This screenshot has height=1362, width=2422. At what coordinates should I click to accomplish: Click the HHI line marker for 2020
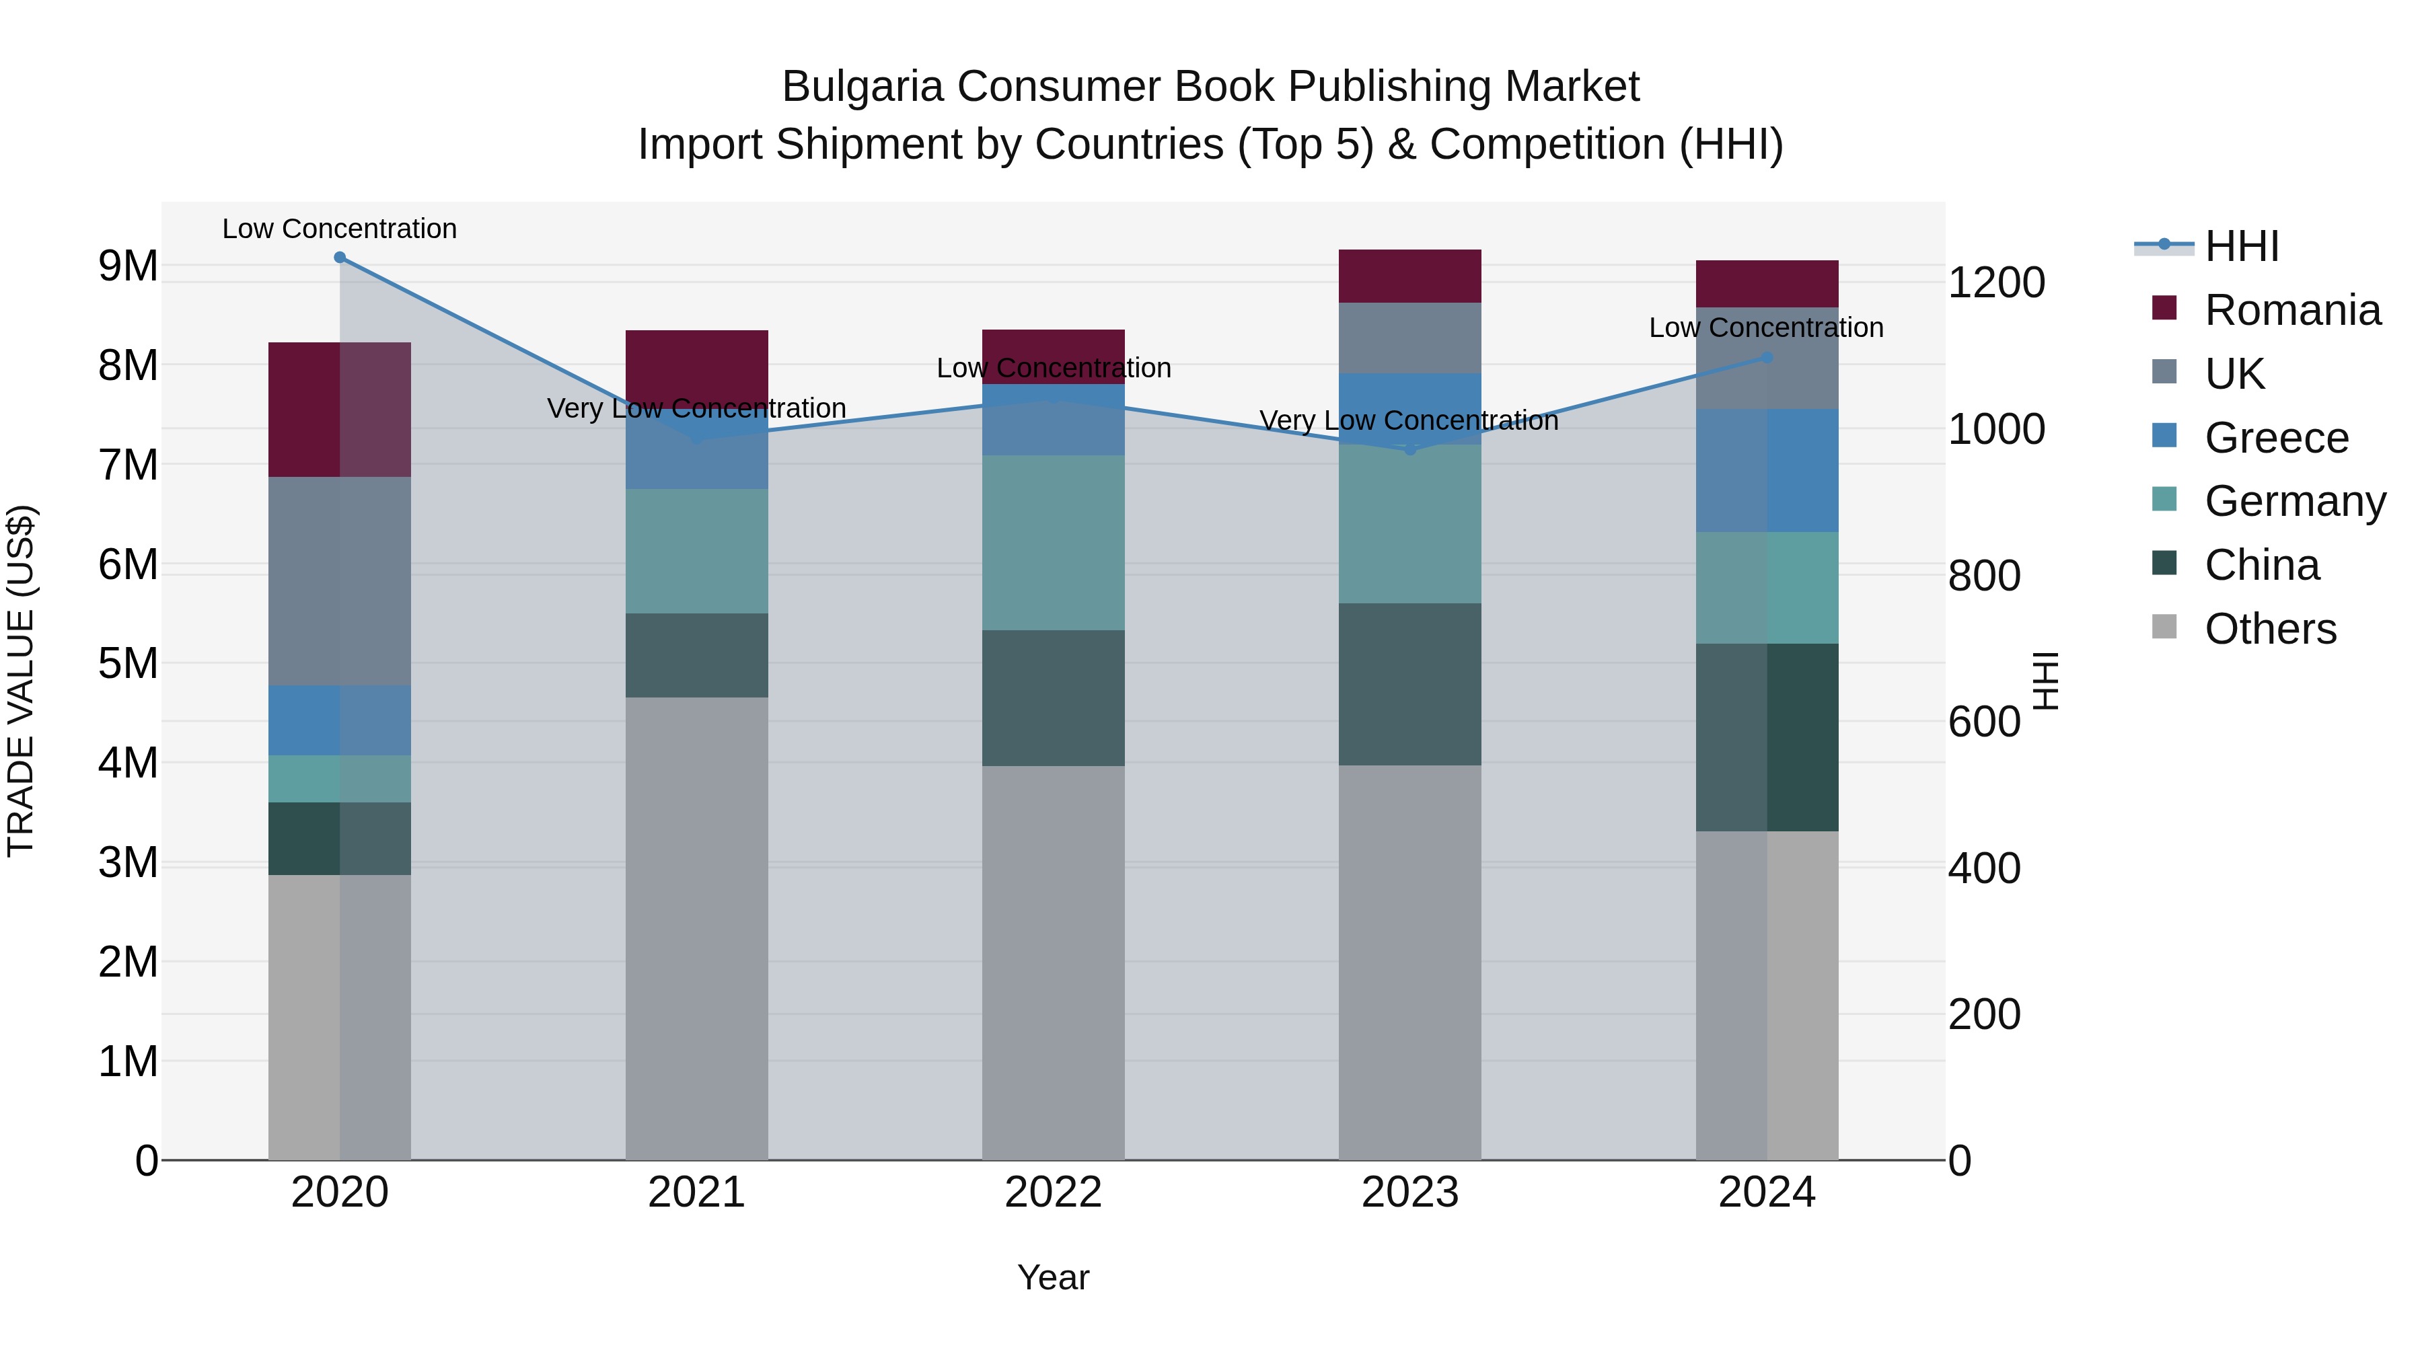(x=340, y=258)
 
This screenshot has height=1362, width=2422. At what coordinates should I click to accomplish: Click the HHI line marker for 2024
(x=1767, y=357)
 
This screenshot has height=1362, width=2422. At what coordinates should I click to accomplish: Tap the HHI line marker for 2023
(x=1409, y=450)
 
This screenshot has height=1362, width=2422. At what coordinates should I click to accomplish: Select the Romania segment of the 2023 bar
(x=1409, y=276)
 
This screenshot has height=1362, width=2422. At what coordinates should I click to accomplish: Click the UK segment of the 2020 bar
(x=340, y=581)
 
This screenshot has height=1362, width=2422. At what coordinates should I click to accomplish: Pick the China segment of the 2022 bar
(x=1053, y=697)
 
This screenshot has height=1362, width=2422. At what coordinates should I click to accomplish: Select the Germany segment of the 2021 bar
(x=697, y=551)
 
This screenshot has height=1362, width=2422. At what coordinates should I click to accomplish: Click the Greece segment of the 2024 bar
(x=1767, y=470)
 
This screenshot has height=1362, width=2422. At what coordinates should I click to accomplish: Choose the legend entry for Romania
(x=2291, y=310)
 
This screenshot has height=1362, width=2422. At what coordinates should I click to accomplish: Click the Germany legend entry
(x=2294, y=501)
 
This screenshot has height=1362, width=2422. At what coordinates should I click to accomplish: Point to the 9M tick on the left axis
(x=129, y=266)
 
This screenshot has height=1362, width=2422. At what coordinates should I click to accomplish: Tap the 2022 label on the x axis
(x=1053, y=1193)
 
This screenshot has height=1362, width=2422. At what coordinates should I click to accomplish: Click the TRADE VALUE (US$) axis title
(x=21, y=681)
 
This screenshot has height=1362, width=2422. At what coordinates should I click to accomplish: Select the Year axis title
(x=1053, y=1277)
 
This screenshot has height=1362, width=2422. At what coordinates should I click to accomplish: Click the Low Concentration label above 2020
(x=340, y=229)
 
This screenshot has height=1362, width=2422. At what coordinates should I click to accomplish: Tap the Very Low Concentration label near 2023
(x=1408, y=420)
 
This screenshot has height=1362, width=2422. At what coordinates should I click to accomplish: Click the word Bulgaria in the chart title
(x=863, y=87)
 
